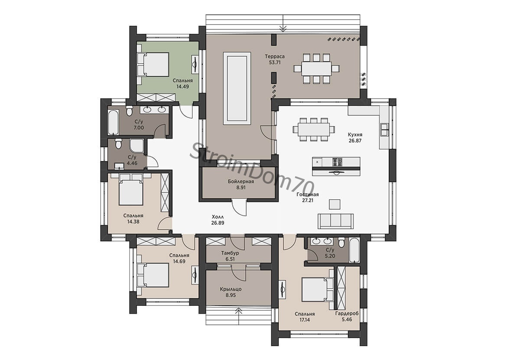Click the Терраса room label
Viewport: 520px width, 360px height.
click(275, 56)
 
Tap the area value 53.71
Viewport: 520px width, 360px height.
click(275, 62)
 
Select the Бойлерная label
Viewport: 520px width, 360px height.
click(241, 182)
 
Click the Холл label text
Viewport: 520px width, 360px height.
click(218, 217)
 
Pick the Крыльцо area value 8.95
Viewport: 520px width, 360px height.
click(231, 295)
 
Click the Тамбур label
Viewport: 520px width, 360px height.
click(230, 253)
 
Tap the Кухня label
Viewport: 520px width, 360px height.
click(355, 135)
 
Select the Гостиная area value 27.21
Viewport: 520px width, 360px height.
click(307, 201)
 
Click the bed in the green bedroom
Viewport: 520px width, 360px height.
click(153, 64)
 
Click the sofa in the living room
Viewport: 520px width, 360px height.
click(335, 221)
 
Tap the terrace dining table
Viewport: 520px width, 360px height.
click(316, 68)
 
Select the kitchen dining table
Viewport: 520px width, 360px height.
click(314, 129)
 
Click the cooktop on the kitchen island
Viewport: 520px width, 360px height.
click(338, 162)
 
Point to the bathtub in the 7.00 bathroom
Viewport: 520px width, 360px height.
click(113, 123)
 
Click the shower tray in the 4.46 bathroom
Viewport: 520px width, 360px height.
click(137, 146)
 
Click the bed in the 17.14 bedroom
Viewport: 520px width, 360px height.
click(318, 290)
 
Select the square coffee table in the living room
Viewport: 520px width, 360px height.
click(335, 204)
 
